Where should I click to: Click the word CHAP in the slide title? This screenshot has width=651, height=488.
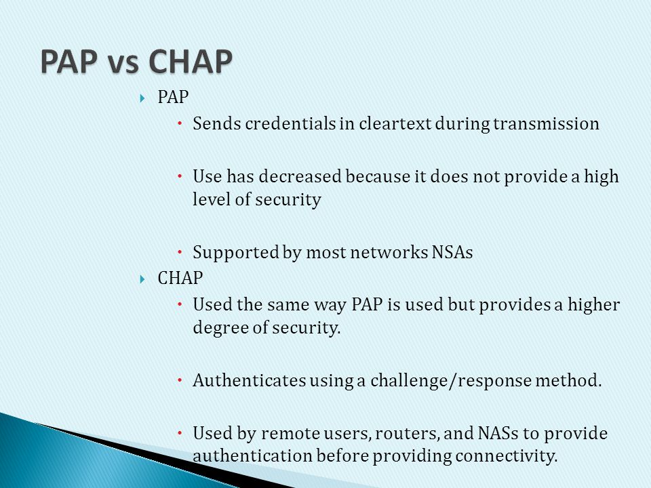tap(190, 62)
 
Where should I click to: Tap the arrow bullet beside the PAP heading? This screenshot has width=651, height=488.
tap(142, 98)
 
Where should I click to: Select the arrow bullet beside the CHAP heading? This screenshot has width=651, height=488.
tap(142, 279)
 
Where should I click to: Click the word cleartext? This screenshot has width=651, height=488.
tap(395, 123)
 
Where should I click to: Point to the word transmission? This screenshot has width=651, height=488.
tap(546, 123)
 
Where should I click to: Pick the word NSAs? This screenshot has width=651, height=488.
tap(452, 252)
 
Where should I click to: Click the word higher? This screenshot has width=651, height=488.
tap(594, 305)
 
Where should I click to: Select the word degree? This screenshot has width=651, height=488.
tap(220, 328)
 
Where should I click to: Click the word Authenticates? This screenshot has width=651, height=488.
tap(249, 380)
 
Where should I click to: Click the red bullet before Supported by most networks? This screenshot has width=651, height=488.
tap(180, 251)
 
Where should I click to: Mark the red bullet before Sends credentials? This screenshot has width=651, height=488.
tap(180, 123)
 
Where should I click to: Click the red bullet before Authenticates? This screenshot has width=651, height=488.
tap(180, 380)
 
